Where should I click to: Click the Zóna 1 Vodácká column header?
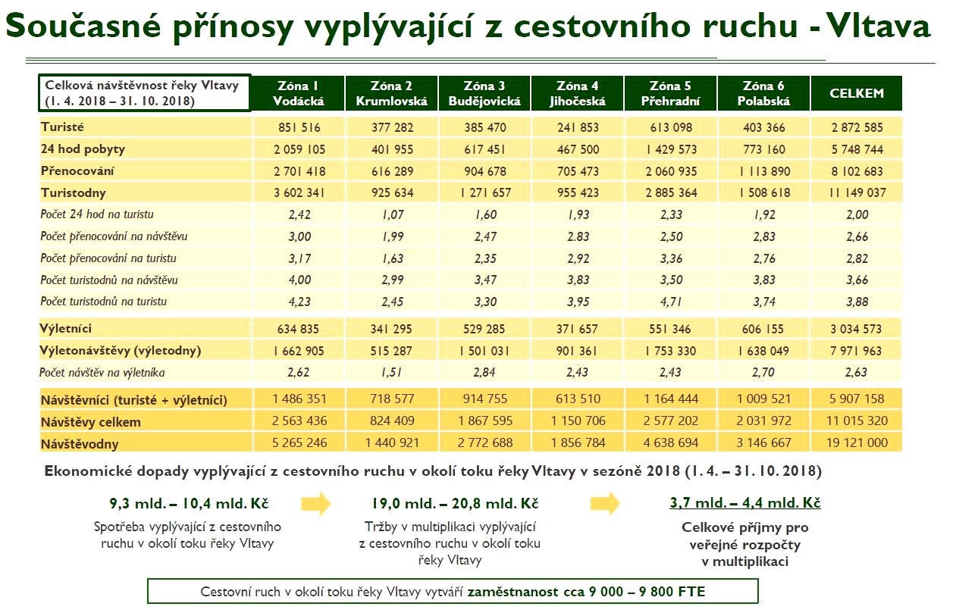click(x=298, y=93)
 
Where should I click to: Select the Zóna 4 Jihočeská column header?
click(x=577, y=93)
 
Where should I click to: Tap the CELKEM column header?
click(x=857, y=93)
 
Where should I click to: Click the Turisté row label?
click(x=62, y=128)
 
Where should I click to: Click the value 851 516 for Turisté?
click(x=298, y=128)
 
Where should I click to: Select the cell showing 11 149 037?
click(x=857, y=192)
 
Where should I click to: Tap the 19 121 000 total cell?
click(x=857, y=443)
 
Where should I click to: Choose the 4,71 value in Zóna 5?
click(x=671, y=302)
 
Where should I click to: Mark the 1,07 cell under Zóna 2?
click(x=391, y=214)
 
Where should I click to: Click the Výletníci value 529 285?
click(x=484, y=330)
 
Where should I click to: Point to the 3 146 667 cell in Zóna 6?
click(x=764, y=443)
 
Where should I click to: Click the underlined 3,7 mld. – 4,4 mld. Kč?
click(x=744, y=503)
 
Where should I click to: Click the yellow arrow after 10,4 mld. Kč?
click(x=315, y=503)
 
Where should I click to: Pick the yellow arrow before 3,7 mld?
click(x=604, y=503)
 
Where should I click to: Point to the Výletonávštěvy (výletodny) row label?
click(x=120, y=352)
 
